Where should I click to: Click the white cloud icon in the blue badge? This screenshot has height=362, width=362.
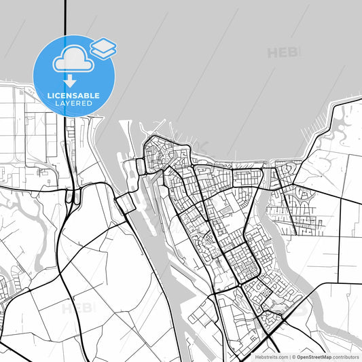click(x=73, y=60)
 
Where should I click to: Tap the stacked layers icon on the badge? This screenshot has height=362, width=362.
click(x=103, y=48)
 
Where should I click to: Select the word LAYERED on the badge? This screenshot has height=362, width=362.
click(x=75, y=103)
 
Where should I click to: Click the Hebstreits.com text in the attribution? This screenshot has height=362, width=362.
click(x=270, y=356)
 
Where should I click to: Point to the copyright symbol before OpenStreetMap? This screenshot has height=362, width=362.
click(x=293, y=356)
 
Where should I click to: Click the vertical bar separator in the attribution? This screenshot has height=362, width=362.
click(x=289, y=356)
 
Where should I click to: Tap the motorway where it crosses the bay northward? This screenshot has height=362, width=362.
click(x=65, y=20)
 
